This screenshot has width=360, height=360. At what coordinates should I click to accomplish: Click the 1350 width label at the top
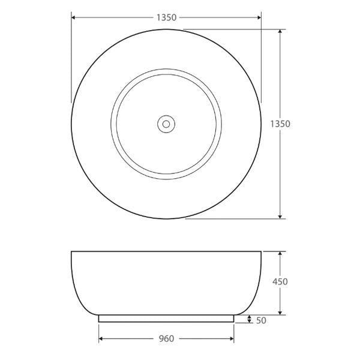point(166,17)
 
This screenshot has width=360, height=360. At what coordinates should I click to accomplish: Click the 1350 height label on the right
point(280,124)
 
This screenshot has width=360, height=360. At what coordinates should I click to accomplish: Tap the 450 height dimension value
point(280,282)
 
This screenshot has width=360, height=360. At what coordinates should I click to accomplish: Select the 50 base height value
point(261,321)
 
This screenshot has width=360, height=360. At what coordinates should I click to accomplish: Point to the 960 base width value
point(166,339)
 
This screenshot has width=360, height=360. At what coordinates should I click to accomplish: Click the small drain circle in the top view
point(166,124)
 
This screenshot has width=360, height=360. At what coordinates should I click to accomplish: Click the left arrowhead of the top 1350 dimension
point(74,17)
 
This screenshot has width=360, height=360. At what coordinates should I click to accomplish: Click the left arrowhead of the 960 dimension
point(101,339)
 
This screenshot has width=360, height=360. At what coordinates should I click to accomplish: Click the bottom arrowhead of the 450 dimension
point(280,312)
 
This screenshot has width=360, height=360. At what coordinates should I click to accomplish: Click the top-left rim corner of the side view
point(72,251)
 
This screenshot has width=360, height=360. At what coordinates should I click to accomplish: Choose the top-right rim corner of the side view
point(262,251)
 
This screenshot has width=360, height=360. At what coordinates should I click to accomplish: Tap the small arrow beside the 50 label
point(250,319)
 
